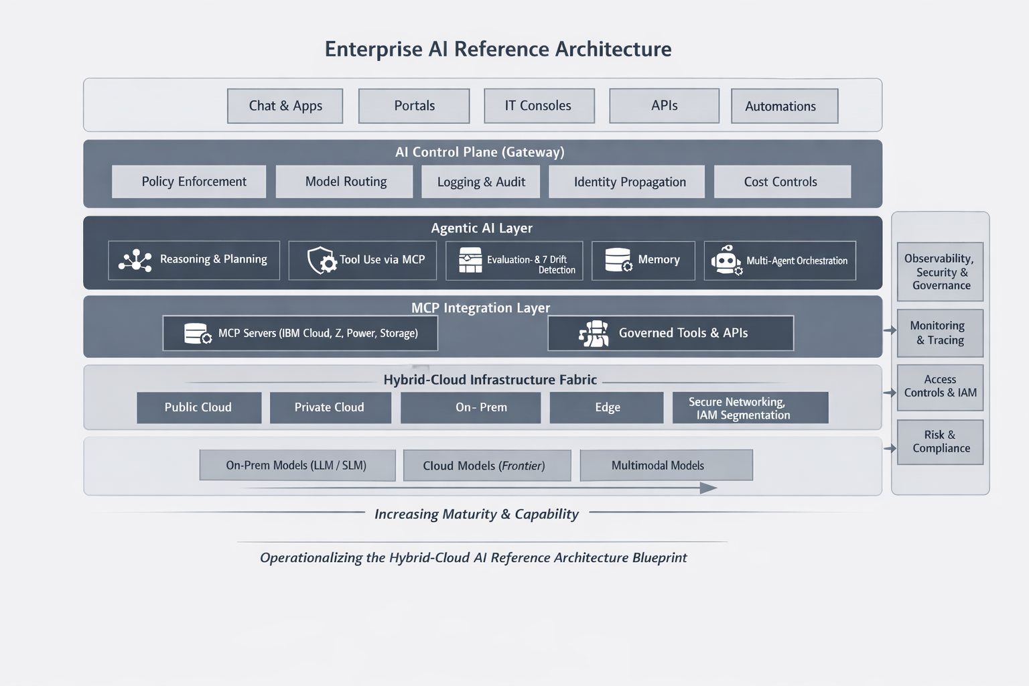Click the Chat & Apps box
tap(285, 106)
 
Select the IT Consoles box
tap(539, 106)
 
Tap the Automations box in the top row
tap(784, 106)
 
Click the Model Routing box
tap(344, 182)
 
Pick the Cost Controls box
tap(782, 182)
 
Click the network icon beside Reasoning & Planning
tap(135, 261)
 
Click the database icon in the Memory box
tap(618, 260)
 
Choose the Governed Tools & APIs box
tap(671, 333)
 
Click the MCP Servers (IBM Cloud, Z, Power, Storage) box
tap(300, 333)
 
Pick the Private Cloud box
tap(330, 407)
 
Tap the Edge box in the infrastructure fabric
tap(606, 407)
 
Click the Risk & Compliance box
tap(940, 442)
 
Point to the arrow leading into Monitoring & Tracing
tap(890, 330)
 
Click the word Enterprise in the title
tap(373, 49)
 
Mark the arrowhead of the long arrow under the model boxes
tap(709, 488)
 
